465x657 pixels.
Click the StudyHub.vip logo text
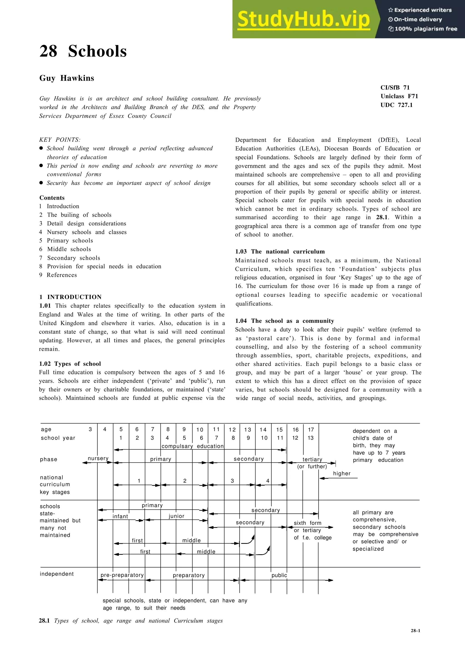[x=303, y=19]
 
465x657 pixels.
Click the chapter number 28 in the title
[x=48, y=51]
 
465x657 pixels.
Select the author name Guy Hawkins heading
[x=67, y=78]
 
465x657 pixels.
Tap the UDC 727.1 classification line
[x=396, y=105]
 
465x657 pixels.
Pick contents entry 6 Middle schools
[x=65, y=249]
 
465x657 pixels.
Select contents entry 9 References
[x=58, y=275]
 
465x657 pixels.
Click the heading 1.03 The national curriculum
[x=280, y=251]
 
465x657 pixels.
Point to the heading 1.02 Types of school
[x=70, y=364]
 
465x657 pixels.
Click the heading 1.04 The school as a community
[x=284, y=321]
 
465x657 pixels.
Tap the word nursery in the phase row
[x=98, y=458]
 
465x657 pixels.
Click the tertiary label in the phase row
[x=312, y=459]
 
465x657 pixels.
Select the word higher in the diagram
[x=342, y=473]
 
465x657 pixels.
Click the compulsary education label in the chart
[x=193, y=446]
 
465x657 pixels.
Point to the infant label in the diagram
[x=120, y=516]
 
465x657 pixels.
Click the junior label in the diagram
[x=176, y=516]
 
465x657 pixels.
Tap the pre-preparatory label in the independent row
[x=122, y=575]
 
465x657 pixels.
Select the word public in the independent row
[x=279, y=575]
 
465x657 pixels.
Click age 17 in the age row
[x=311, y=430]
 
